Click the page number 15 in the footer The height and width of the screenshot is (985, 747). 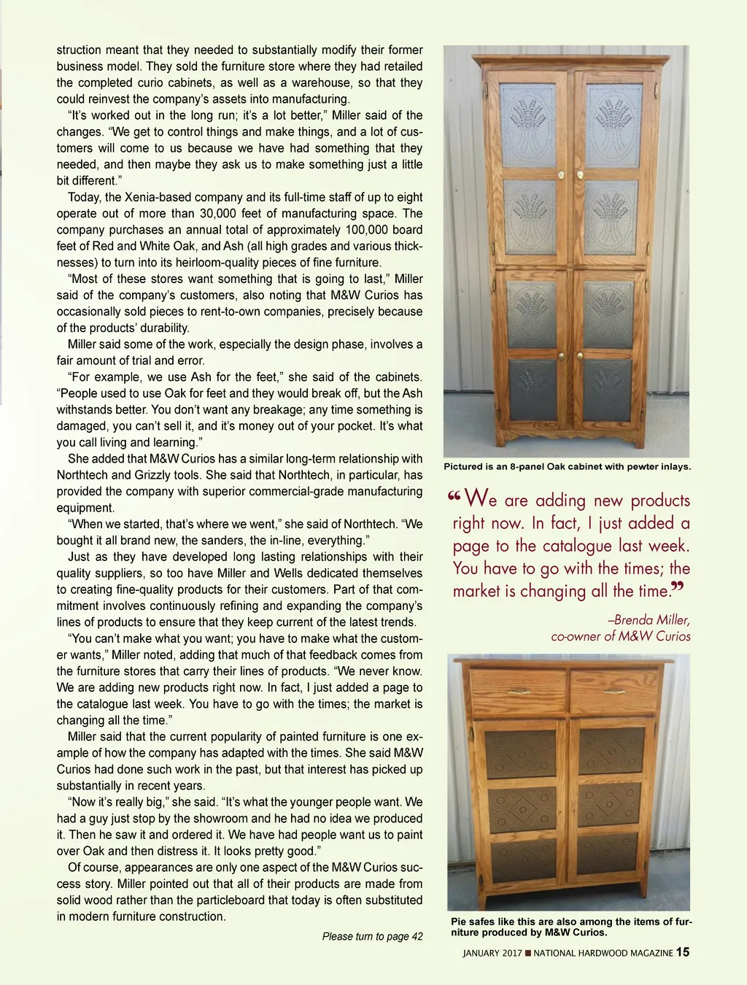pos(683,951)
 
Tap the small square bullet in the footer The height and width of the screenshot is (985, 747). pos(528,953)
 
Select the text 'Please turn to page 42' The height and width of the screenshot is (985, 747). pos(372,936)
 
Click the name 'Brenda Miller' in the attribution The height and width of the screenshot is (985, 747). pos(651,620)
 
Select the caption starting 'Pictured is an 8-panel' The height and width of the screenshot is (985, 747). pos(567,467)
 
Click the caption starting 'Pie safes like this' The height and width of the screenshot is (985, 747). pos(570,927)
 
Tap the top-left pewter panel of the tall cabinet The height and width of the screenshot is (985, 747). pos(530,125)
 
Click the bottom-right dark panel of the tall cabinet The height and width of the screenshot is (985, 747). pos(608,390)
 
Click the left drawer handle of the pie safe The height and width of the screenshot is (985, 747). pos(518,691)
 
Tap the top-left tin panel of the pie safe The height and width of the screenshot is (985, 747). pos(521,752)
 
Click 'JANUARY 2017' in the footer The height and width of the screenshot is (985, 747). pos(492,953)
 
